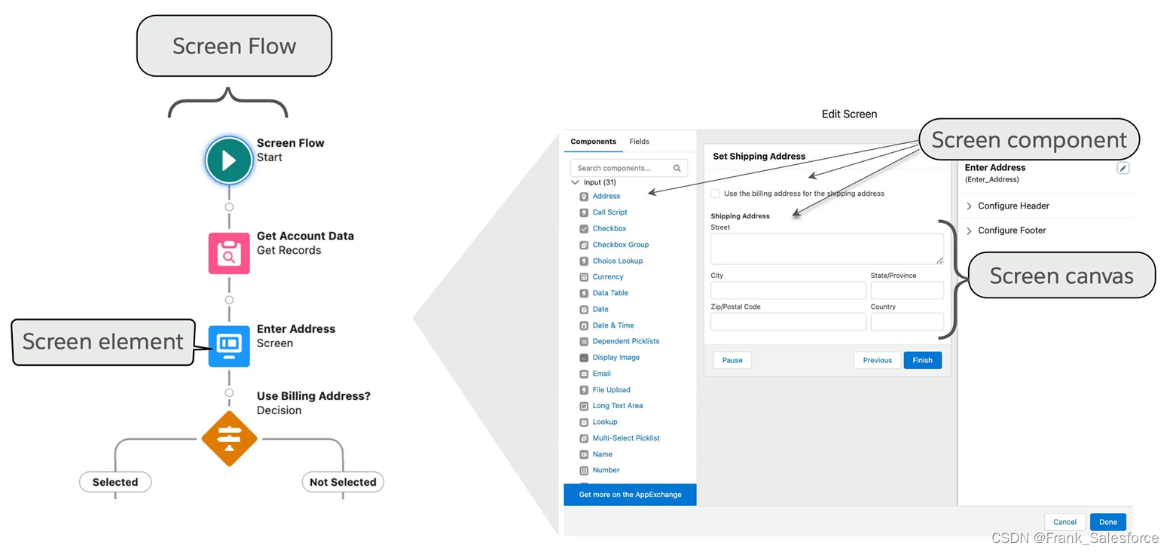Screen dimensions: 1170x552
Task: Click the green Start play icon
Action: click(x=229, y=160)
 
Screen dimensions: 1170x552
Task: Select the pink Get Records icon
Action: click(x=229, y=253)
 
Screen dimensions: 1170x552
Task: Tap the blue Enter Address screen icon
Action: click(x=229, y=346)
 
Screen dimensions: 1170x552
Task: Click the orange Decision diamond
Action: click(x=229, y=438)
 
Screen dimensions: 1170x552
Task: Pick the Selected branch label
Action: click(x=115, y=482)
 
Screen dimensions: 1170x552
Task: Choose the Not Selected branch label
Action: click(x=343, y=482)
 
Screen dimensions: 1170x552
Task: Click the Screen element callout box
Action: click(x=103, y=342)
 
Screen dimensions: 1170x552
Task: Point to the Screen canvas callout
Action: click(x=1061, y=276)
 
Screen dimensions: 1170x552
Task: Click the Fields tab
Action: click(x=639, y=142)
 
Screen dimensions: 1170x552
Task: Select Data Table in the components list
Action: click(x=610, y=293)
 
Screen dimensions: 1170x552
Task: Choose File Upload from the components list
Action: click(x=611, y=389)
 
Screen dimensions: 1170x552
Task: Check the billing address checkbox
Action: click(x=715, y=194)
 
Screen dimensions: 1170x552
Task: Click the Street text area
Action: click(x=826, y=249)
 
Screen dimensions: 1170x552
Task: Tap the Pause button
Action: click(x=732, y=360)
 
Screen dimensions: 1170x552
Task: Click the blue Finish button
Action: click(x=922, y=360)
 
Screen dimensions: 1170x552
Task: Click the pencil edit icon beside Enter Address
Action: click(x=1123, y=169)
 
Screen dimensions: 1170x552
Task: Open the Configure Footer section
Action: click(x=1012, y=230)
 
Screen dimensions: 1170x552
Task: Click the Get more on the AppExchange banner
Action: click(x=630, y=495)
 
